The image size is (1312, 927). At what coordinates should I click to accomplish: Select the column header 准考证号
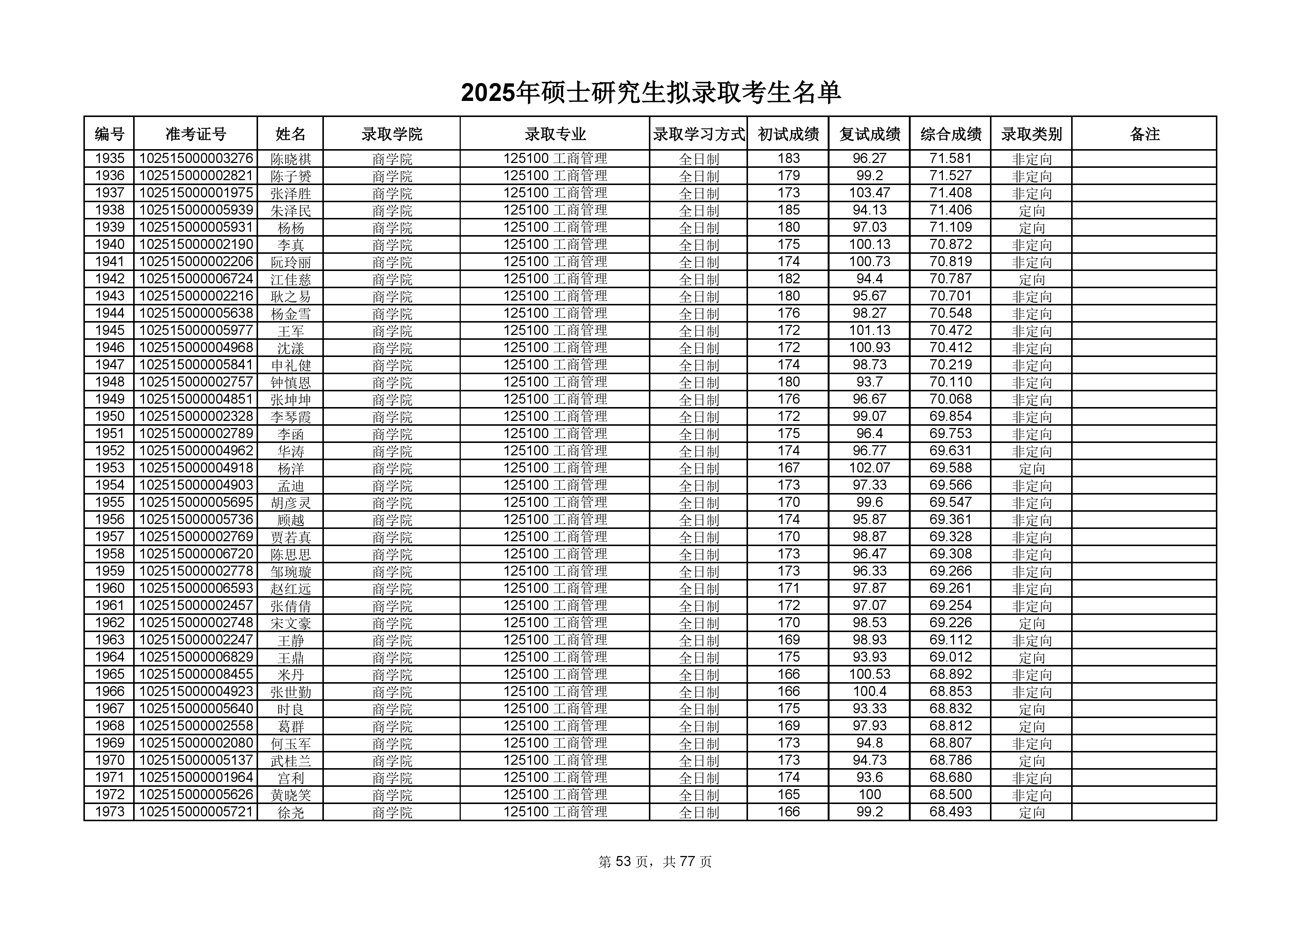(x=196, y=134)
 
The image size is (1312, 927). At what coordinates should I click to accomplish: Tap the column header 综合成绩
(x=950, y=134)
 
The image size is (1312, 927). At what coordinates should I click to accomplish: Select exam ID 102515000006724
(x=196, y=279)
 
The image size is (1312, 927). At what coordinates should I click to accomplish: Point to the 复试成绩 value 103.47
(x=869, y=193)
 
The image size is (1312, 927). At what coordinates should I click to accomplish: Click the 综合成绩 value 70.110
(x=950, y=382)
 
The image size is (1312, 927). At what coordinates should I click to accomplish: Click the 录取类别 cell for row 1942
(x=1031, y=279)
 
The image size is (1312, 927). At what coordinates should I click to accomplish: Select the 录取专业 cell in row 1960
(x=555, y=588)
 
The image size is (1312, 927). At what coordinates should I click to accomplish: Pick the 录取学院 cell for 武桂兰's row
(x=392, y=761)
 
